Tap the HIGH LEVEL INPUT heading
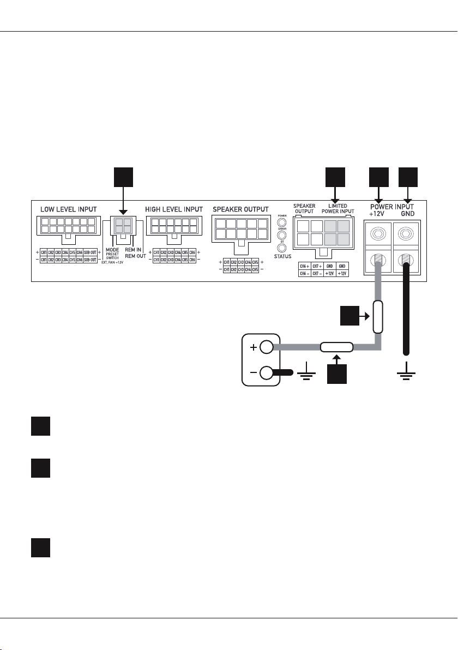[174, 209]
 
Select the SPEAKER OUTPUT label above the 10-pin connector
[241, 209]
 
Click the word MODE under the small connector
[112, 250]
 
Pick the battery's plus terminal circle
[267, 347]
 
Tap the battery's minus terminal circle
[267, 373]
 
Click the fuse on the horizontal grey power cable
[336, 347]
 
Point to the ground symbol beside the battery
[303, 375]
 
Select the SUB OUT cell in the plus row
[90, 252]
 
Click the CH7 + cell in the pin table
[316, 266]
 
